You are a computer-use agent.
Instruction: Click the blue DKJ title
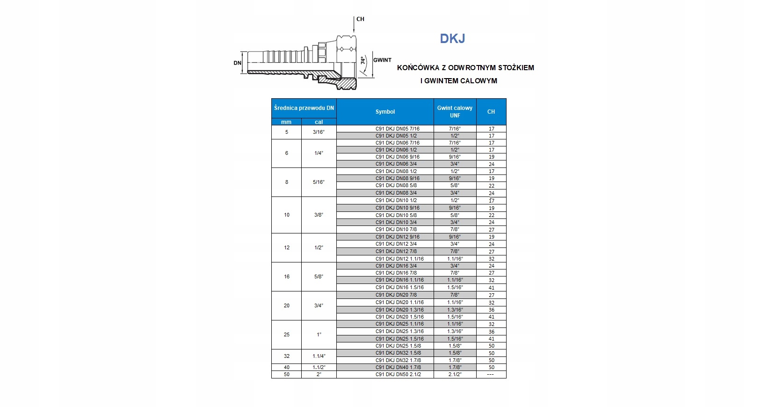tap(452, 38)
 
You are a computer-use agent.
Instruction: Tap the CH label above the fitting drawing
tap(360, 19)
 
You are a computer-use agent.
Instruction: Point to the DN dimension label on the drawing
tap(238, 63)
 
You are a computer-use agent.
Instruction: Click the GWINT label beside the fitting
tap(382, 60)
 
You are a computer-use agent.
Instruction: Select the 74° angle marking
tap(363, 61)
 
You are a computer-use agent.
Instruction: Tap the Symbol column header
tap(385, 112)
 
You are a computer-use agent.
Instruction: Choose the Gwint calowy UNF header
tap(455, 111)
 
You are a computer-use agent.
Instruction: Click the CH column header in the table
tap(491, 112)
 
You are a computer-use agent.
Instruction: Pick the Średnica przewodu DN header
tap(304, 108)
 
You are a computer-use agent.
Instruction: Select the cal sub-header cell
tap(319, 122)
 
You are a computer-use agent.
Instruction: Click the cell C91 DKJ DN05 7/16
tap(398, 129)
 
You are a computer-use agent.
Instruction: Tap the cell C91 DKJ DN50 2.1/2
tap(398, 374)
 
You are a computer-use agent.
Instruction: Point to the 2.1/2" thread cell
tap(455, 374)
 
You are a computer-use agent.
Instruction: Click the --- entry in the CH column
tap(491, 374)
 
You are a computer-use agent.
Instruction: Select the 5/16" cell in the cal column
tap(319, 182)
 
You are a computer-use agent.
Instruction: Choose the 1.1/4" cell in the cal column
tap(319, 356)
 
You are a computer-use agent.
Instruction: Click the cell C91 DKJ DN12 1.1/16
tap(399, 259)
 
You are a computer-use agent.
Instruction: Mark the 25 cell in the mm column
tap(287, 334)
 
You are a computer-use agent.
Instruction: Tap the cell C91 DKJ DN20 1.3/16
tap(399, 310)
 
